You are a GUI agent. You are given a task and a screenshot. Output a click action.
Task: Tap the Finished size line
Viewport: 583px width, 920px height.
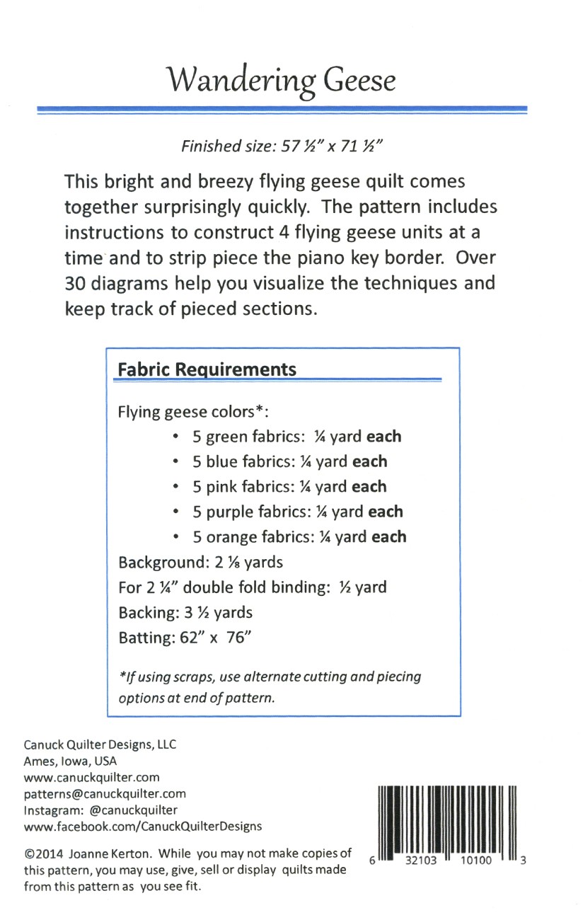click(282, 146)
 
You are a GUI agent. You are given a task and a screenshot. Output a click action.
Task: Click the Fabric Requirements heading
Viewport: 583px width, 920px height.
click(207, 369)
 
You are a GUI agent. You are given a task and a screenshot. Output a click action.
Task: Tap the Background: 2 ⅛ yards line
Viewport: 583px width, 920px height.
click(200, 563)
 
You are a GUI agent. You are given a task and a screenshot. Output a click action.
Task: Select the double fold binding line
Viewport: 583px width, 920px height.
click(252, 587)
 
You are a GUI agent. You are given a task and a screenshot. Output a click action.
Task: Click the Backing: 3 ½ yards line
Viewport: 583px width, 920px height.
click(185, 613)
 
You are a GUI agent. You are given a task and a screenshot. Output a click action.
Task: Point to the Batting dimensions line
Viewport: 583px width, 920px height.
click(185, 638)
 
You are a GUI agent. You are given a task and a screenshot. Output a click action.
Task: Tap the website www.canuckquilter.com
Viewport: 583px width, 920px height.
click(92, 777)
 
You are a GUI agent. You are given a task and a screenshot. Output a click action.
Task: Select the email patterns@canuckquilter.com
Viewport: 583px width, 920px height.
click(105, 794)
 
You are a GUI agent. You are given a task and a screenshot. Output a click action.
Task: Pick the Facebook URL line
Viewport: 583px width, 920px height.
click(143, 827)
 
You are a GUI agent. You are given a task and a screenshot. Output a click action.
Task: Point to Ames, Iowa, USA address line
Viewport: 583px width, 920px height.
click(71, 761)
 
